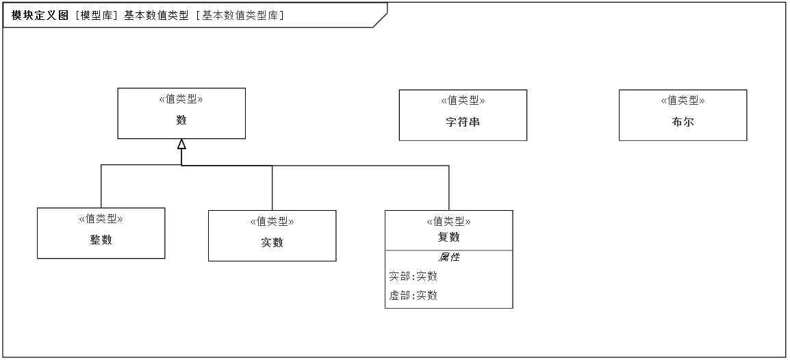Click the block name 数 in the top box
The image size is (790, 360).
[181, 120]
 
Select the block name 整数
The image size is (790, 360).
[101, 240]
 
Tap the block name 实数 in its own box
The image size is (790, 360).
[272, 242]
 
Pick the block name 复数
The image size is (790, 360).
[448, 237]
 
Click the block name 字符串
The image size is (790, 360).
[463, 121]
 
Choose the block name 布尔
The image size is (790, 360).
[683, 121]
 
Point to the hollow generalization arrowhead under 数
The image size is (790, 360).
[181, 144]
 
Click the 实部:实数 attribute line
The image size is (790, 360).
[413, 276]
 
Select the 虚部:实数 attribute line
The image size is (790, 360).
[413, 295]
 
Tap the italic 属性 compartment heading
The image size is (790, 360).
[448, 257]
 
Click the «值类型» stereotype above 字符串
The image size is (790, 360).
[463, 100]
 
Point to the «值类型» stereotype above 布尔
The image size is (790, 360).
[683, 100]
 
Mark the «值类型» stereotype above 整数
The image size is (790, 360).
[101, 218]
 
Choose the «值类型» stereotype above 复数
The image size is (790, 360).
[448, 221]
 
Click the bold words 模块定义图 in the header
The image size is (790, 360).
[40, 15]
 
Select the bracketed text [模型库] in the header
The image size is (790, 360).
[97, 15]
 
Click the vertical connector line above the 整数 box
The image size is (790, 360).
[101, 186]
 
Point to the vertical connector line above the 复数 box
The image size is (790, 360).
[449, 188]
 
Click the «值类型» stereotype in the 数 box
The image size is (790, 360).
[181, 99]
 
